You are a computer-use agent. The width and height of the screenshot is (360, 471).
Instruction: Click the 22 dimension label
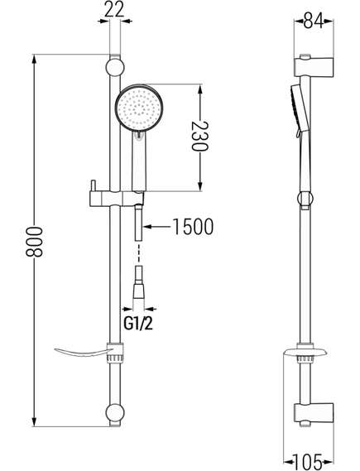click(115, 10)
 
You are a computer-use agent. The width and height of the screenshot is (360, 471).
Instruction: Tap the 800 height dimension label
click(34, 242)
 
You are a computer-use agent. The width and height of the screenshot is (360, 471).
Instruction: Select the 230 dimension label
click(200, 137)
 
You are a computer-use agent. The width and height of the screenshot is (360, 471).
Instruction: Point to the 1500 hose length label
click(194, 227)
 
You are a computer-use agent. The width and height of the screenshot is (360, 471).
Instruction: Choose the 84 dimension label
click(314, 21)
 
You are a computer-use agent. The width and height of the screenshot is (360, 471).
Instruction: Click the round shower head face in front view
click(139, 108)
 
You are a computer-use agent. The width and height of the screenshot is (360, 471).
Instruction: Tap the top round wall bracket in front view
click(115, 68)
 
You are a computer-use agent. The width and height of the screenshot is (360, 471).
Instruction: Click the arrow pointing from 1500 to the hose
click(156, 227)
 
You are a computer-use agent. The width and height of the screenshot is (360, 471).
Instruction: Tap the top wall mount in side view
click(314, 66)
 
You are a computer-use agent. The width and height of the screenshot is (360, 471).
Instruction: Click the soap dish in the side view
click(305, 352)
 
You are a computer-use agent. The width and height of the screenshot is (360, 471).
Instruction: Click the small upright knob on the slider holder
click(94, 186)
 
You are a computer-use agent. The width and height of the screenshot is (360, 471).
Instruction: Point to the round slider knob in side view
click(305, 199)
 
